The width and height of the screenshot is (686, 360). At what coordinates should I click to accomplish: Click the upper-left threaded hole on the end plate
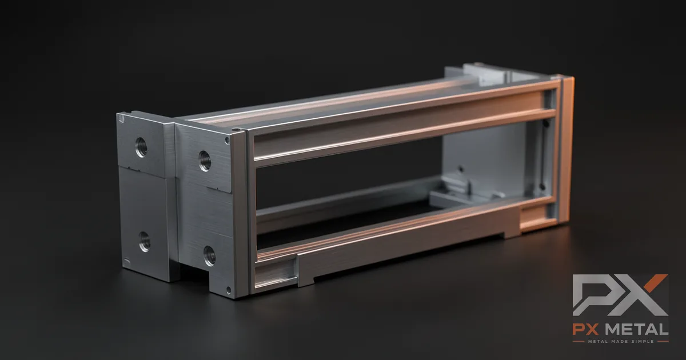(x=141, y=147)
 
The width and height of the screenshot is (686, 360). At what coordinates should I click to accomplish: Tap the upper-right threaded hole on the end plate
(x=205, y=161)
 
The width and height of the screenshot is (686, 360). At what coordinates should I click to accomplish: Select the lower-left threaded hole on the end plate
(x=144, y=242)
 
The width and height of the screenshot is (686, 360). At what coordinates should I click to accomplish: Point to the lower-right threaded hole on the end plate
(x=210, y=255)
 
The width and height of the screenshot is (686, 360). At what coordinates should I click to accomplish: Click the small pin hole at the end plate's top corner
(x=228, y=141)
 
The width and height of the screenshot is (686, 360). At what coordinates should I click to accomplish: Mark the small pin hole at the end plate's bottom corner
(x=229, y=290)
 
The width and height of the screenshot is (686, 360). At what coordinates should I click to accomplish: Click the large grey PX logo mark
(x=620, y=295)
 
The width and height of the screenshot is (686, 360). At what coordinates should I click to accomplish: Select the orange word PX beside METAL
(x=585, y=329)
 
